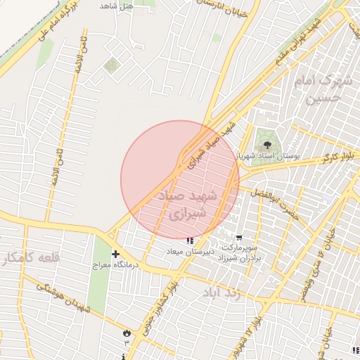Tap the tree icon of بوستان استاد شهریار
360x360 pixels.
265,143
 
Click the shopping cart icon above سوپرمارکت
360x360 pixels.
239,237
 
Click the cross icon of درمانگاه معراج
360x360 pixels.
115,254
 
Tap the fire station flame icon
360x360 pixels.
127,332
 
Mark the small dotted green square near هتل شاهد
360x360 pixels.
110,65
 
